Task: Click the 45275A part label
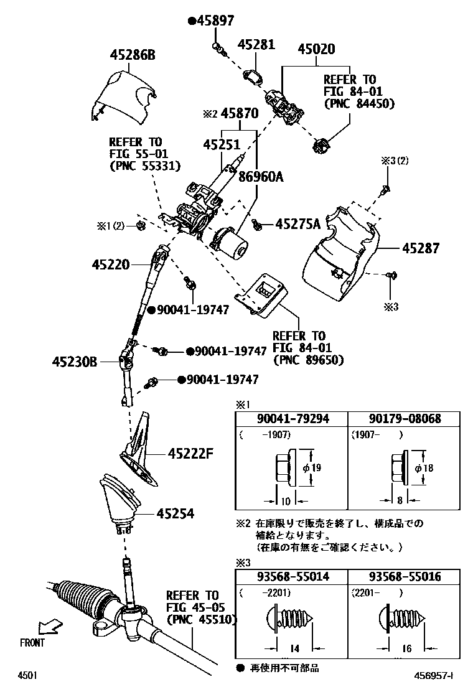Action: coord(297,223)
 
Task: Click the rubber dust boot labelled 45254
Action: coord(119,501)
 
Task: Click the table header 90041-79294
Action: coord(291,419)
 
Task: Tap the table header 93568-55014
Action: coord(291,577)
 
